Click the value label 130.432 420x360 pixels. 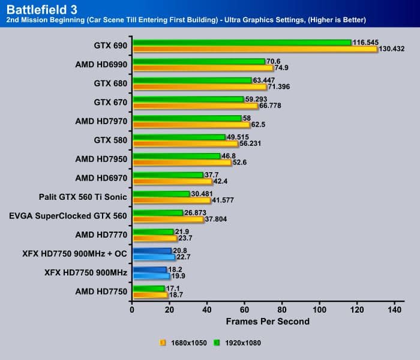[394, 49]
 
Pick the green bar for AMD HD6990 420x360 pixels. [199, 61]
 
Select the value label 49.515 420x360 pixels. [241, 137]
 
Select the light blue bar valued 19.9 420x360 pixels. [151, 277]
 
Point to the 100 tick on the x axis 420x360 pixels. [319, 310]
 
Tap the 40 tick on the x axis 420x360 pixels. [207, 310]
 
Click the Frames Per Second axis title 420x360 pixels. [267, 322]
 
